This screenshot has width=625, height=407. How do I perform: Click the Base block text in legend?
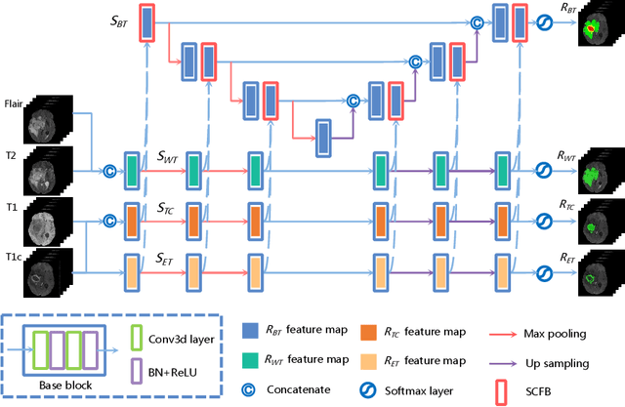tap(63, 386)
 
